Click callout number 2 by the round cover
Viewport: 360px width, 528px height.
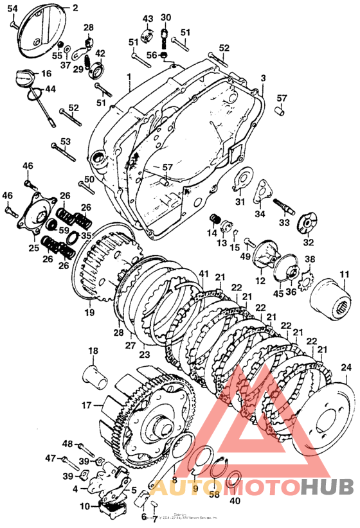tap(75, 8)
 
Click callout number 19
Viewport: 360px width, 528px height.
tap(89, 313)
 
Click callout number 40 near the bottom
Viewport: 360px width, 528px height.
tap(235, 501)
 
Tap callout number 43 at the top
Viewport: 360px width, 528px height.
tap(148, 19)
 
